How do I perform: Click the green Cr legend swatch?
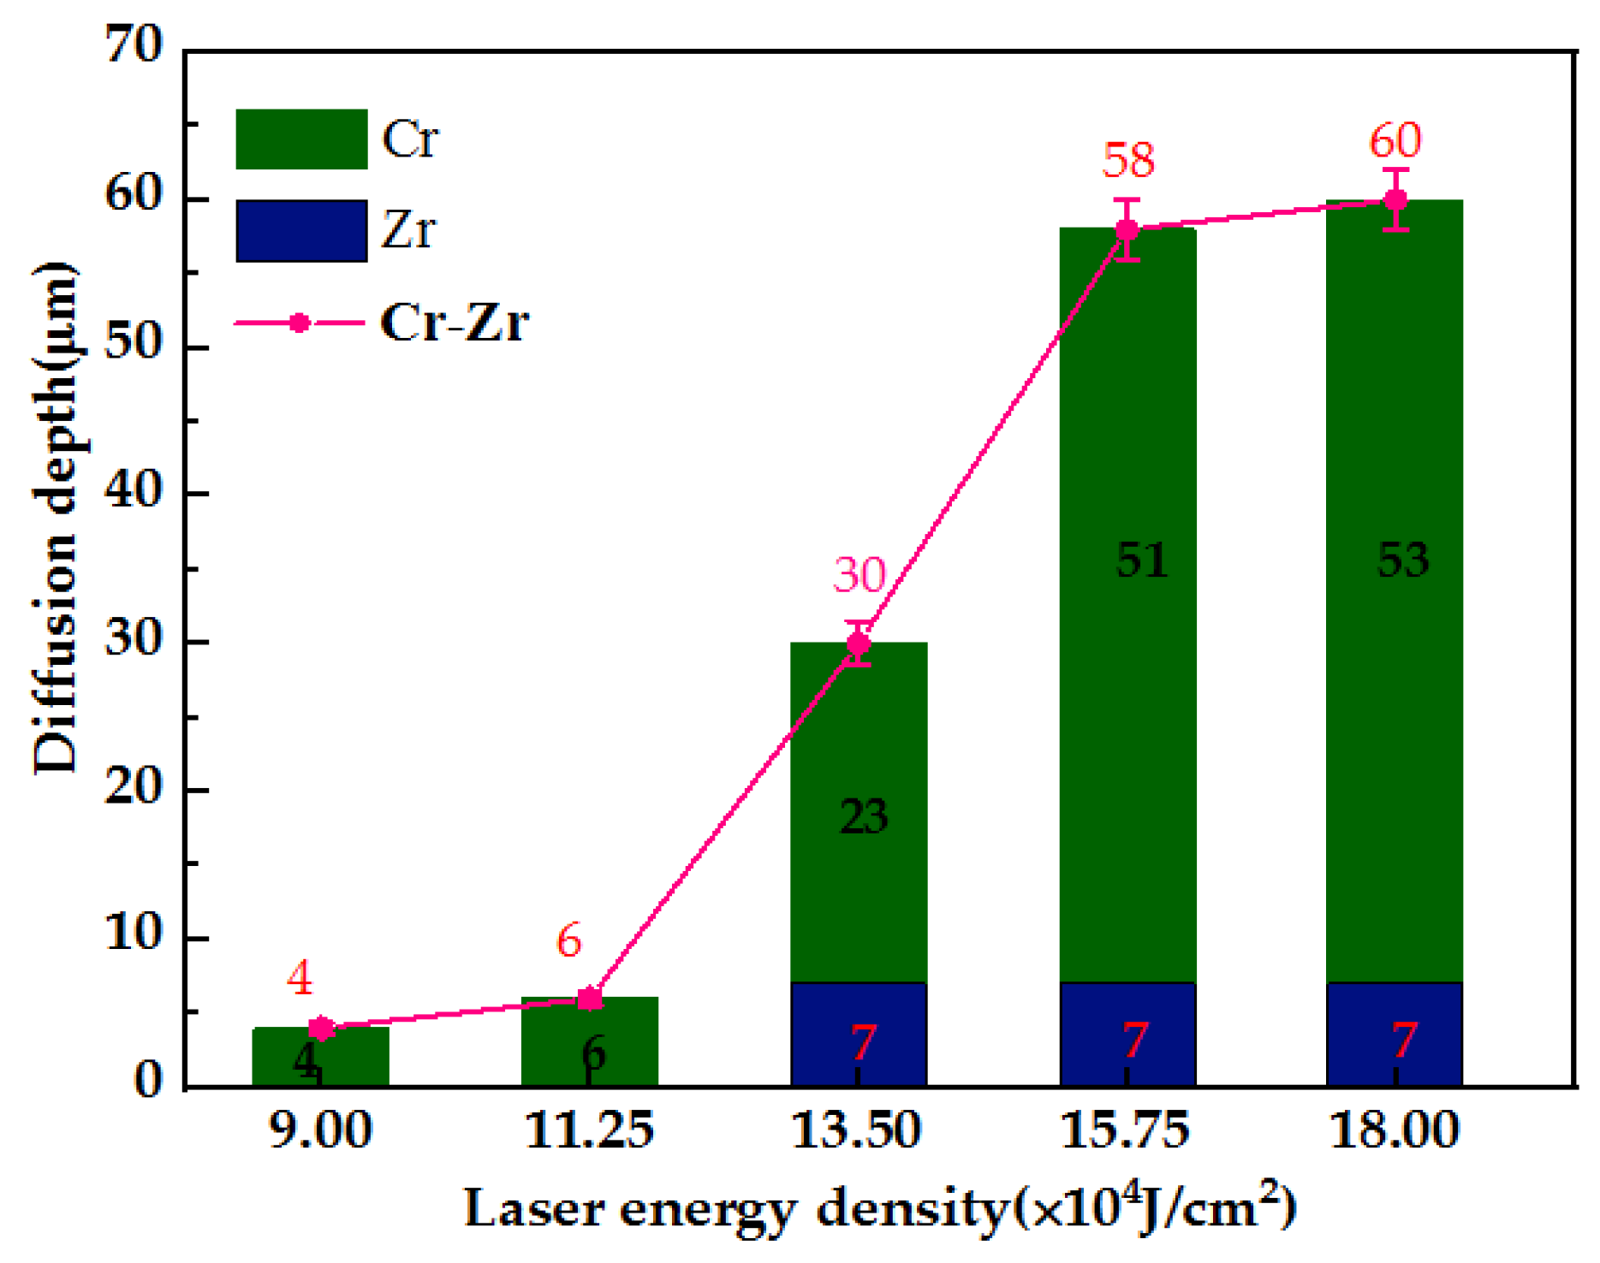tap(301, 139)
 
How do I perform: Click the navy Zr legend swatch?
tap(301, 230)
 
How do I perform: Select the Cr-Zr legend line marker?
tap(299, 323)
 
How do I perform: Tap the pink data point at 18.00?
tap(1395, 200)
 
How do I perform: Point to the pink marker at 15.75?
tap(1127, 229)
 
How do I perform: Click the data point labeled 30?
tap(859, 643)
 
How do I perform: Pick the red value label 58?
tap(1127, 160)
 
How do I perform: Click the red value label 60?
tap(1395, 140)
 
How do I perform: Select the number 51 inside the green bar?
tap(1141, 561)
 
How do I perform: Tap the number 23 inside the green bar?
tap(863, 816)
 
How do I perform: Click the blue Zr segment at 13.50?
tap(859, 1034)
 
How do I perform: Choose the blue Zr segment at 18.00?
tap(1394, 1034)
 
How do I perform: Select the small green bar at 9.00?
tap(320, 1056)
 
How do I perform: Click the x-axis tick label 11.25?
tap(589, 1130)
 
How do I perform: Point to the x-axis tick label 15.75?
tap(1126, 1130)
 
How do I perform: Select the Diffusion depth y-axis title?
tap(57, 519)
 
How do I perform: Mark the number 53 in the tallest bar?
tap(1402, 561)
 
